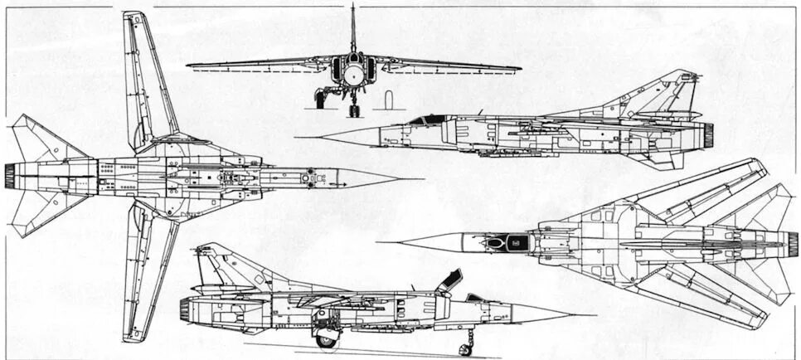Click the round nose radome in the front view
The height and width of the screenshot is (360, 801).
click(x=353, y=75)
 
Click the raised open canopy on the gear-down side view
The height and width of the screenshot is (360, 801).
click(x=450, y=280)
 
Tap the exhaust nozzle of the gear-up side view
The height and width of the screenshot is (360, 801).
click(x=708, y=131)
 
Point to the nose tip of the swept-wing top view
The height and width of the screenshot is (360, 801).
click(x=381, y=242)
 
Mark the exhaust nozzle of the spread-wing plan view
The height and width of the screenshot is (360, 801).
click(x=10, y=175)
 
